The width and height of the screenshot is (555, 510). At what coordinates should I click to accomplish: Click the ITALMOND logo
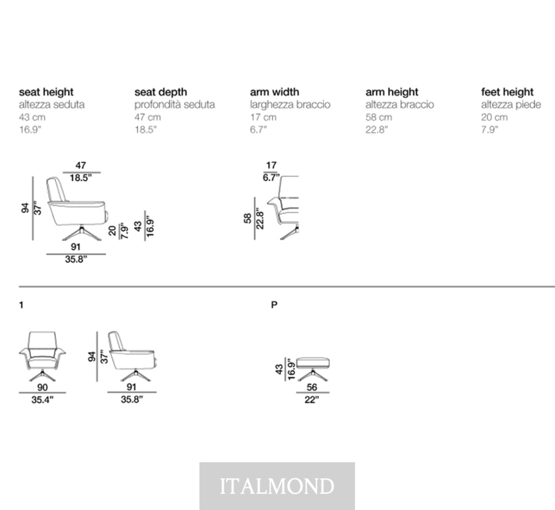[x=277, y=486]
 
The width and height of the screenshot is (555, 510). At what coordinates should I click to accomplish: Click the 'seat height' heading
[x=46, y=92]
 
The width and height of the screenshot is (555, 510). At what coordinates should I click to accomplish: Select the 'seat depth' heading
[x=161, y=92]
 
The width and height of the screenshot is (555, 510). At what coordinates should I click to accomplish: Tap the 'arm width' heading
[x=274, y=92]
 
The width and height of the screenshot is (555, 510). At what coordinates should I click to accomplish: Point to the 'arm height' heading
[x=392, y=92]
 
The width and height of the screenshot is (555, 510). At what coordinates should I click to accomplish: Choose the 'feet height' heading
[x=507, y=92]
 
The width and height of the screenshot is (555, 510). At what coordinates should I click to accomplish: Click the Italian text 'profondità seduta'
[x=174, y=105]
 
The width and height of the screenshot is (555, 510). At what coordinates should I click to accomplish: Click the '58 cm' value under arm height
[x=379, y=117]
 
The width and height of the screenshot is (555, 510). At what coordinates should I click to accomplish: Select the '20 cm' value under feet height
[x=494, y=117]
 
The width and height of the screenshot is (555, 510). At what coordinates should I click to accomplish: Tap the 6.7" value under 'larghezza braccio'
[x=258, y=129]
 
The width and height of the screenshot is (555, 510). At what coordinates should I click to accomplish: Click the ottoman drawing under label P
[x=313, y=369]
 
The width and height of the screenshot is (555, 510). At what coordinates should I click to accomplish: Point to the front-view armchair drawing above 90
[x=42, y=357]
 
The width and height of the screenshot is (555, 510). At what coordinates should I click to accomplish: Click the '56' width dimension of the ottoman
[x=312, y=387]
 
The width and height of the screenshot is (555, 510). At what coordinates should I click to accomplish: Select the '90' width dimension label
[x=42, y=388]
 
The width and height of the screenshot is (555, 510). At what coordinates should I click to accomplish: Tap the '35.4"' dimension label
[x=42, y=400]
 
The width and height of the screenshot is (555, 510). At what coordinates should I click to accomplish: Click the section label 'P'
[x=274, y=305]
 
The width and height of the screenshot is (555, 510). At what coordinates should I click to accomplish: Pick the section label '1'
[x=21, y=305]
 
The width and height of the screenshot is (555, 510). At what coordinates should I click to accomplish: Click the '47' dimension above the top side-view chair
[x=81, y=166]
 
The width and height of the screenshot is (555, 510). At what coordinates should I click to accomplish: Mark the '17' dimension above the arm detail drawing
[x=271, y=166]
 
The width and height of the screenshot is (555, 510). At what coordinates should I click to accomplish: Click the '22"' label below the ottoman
[x=312, y=400]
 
